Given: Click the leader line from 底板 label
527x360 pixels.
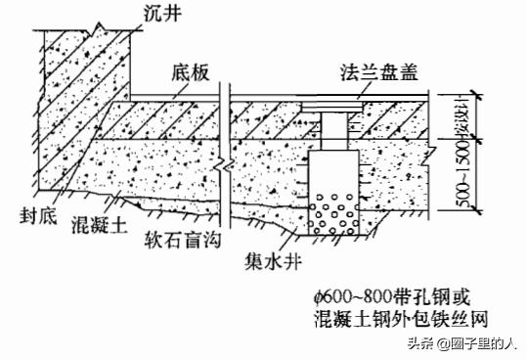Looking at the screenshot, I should coord(213,88).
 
